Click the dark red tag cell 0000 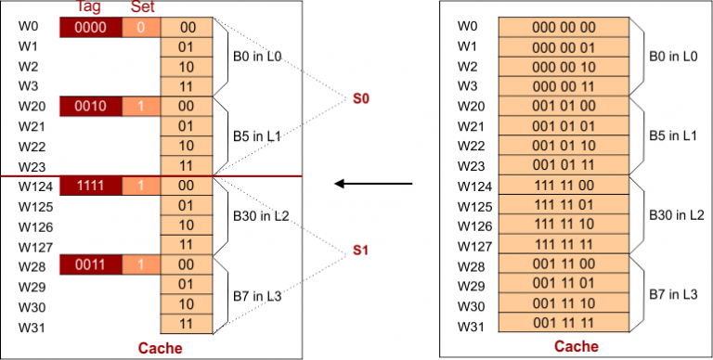coord(91,28)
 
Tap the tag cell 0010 coord(91,108)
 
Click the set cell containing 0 coord(141,28)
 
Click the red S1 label coord(361,251)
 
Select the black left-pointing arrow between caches coord(373,184)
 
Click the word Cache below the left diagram coord(160,348)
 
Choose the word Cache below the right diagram coord(570,347)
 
